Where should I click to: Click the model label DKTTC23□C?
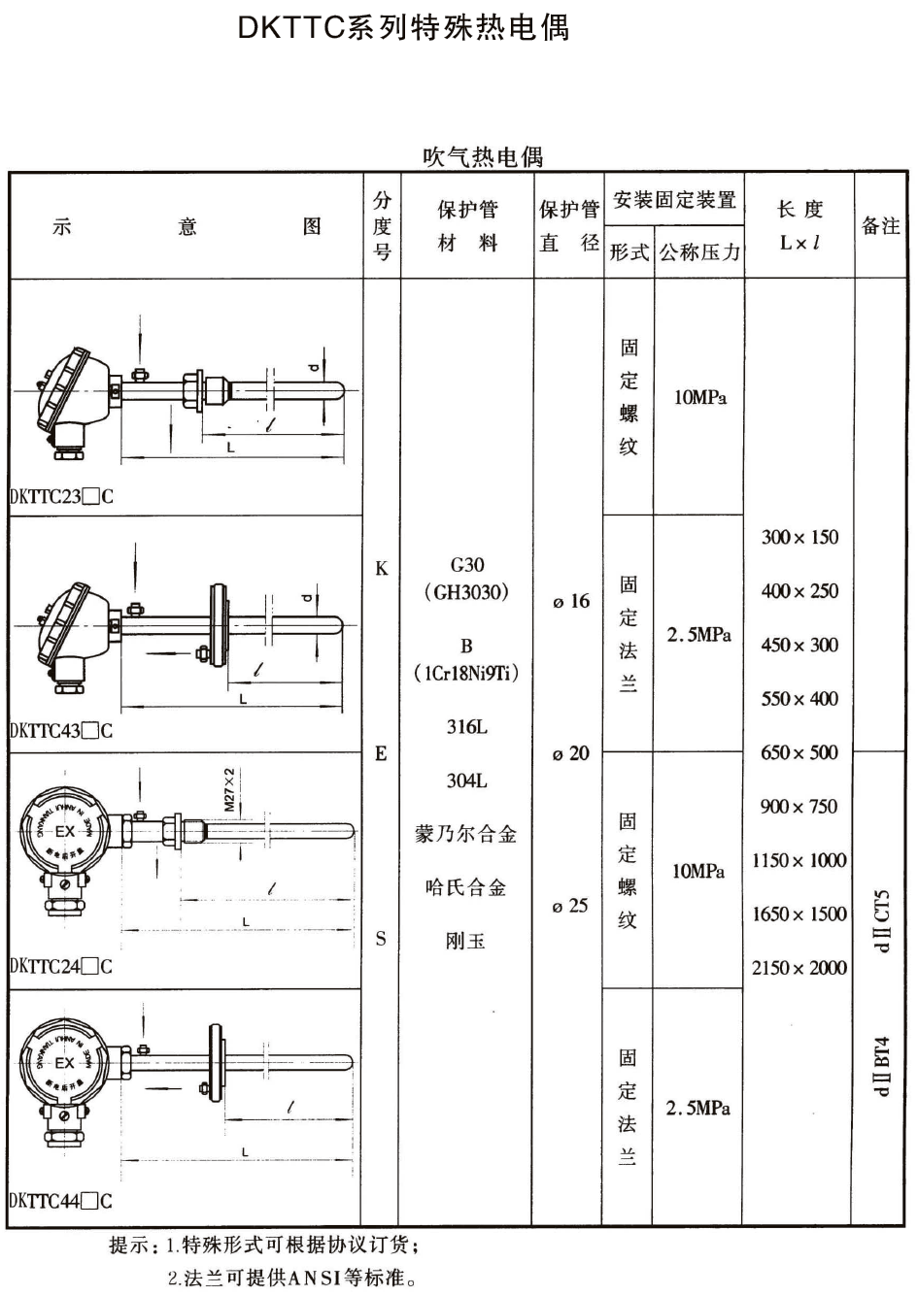pyautogui.click(x=61, y=497)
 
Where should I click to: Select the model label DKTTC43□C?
pyautogui.click(x=61, y=731)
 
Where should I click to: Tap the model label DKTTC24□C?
pyautogui.click(x=61, y=966)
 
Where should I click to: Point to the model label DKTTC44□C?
pyautogui.click(x=61, y=1201)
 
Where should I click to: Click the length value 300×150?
pyautogui.click(x=799, y=538)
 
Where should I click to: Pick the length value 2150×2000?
pyautogui.click(x=799, y=968)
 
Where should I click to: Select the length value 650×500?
pyautogui.click(x=799, y=752)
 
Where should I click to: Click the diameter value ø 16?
pyautogui.click(x=571, y=602)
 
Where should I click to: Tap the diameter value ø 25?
pyautogui.click(x=570, y=906)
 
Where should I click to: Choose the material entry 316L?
pyautogui.click(x=467, y=727)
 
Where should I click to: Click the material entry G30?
pyautogui.click(x=467, y=565)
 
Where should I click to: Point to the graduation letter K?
pyautogui.click(x=381, y=569)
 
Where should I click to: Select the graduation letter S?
pyautogui.click(x=381, y=939)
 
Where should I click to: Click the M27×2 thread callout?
pyautogui.click(x=230, y=789)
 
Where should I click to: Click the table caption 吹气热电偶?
pyautogui.click(x=483, y=156)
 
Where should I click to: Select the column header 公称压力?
pyautogui.click(x=699, y=253)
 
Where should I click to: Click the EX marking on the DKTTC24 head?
pyautogui.click(x=64, y=831)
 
